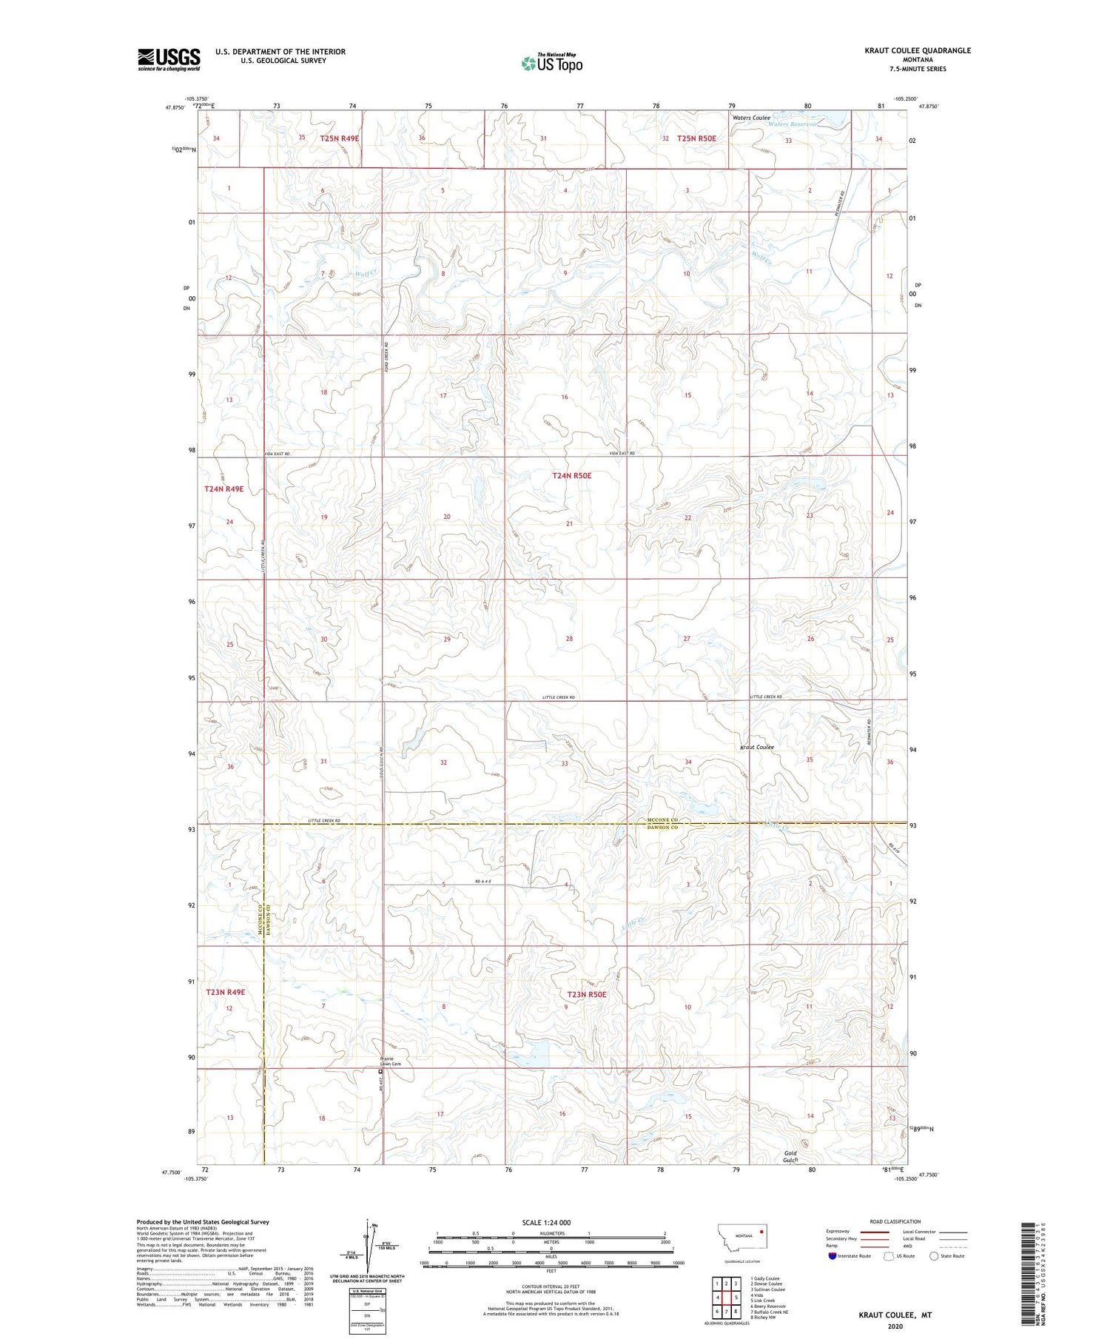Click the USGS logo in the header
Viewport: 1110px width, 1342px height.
[x=169, y=59]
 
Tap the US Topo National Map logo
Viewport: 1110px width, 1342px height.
[x=551, y=63]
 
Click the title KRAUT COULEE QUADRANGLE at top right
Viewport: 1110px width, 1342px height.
[x=918, y=50]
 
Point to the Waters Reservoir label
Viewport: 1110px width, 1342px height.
[x=793, y=124]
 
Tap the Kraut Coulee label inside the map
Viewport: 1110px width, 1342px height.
[x=757, y=747]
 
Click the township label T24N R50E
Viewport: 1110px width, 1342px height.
[x=572, y=476]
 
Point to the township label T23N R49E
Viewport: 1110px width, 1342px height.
[x=225, y=992]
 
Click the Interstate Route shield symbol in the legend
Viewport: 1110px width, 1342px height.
[x=832, y=1256]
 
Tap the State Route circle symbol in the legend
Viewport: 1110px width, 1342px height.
[x=934, y=1256]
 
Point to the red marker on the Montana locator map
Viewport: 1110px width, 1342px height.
[x=761, y=1232]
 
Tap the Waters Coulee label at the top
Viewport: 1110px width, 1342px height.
[x=751, y=118]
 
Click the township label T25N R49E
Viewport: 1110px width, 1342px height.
[x=340, y=138]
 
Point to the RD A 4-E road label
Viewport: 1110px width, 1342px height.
[x=482, y=881]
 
